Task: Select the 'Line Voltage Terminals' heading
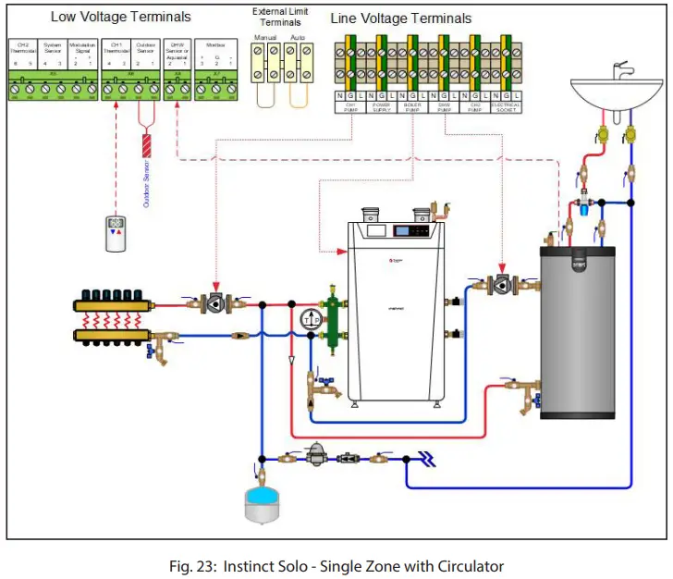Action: [400, 18]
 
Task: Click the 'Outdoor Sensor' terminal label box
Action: [145, 48]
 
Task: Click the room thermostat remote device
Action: [116, 233]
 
